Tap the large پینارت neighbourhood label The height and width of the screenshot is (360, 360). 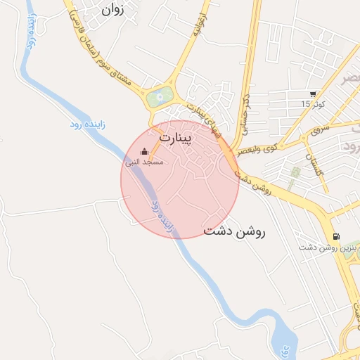175,138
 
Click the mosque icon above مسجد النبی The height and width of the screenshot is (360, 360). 145,151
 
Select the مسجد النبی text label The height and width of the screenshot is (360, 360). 144,162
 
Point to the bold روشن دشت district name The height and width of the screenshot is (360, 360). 234,231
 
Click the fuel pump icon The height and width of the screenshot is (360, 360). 336,237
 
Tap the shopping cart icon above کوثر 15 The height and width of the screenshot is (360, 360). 313,94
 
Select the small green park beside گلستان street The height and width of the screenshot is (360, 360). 296,172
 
